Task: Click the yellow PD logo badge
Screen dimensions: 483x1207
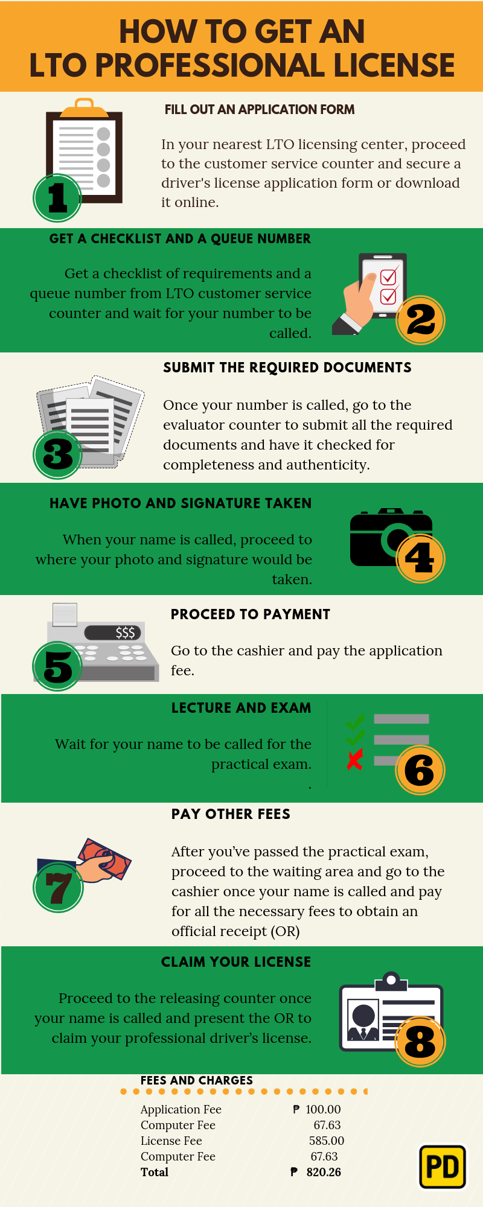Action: [443, 1167]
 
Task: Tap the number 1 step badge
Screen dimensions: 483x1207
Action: [57, 197]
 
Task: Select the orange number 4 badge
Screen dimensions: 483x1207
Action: [420, 558]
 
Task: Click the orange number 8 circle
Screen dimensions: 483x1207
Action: [420, 1041]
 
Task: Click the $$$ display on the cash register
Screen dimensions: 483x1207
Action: [113, 632]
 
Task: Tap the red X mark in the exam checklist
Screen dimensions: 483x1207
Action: [355, 759]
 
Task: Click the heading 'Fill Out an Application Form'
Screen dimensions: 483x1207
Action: [260, 109]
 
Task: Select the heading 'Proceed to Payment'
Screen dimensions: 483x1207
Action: [251, 614]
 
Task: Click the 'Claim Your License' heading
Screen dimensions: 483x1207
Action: [236, 962]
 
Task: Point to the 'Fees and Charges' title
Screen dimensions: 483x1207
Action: [197, 1080]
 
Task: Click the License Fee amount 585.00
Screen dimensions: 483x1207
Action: [327, 1141]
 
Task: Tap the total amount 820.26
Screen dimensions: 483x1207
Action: [324, 1172]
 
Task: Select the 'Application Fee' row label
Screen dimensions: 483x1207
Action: [181, 1109]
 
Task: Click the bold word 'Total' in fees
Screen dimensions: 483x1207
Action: [155, 1172]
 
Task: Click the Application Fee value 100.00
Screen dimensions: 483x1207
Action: [323, 1109]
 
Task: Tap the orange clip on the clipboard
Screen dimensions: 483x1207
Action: [85, 108]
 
